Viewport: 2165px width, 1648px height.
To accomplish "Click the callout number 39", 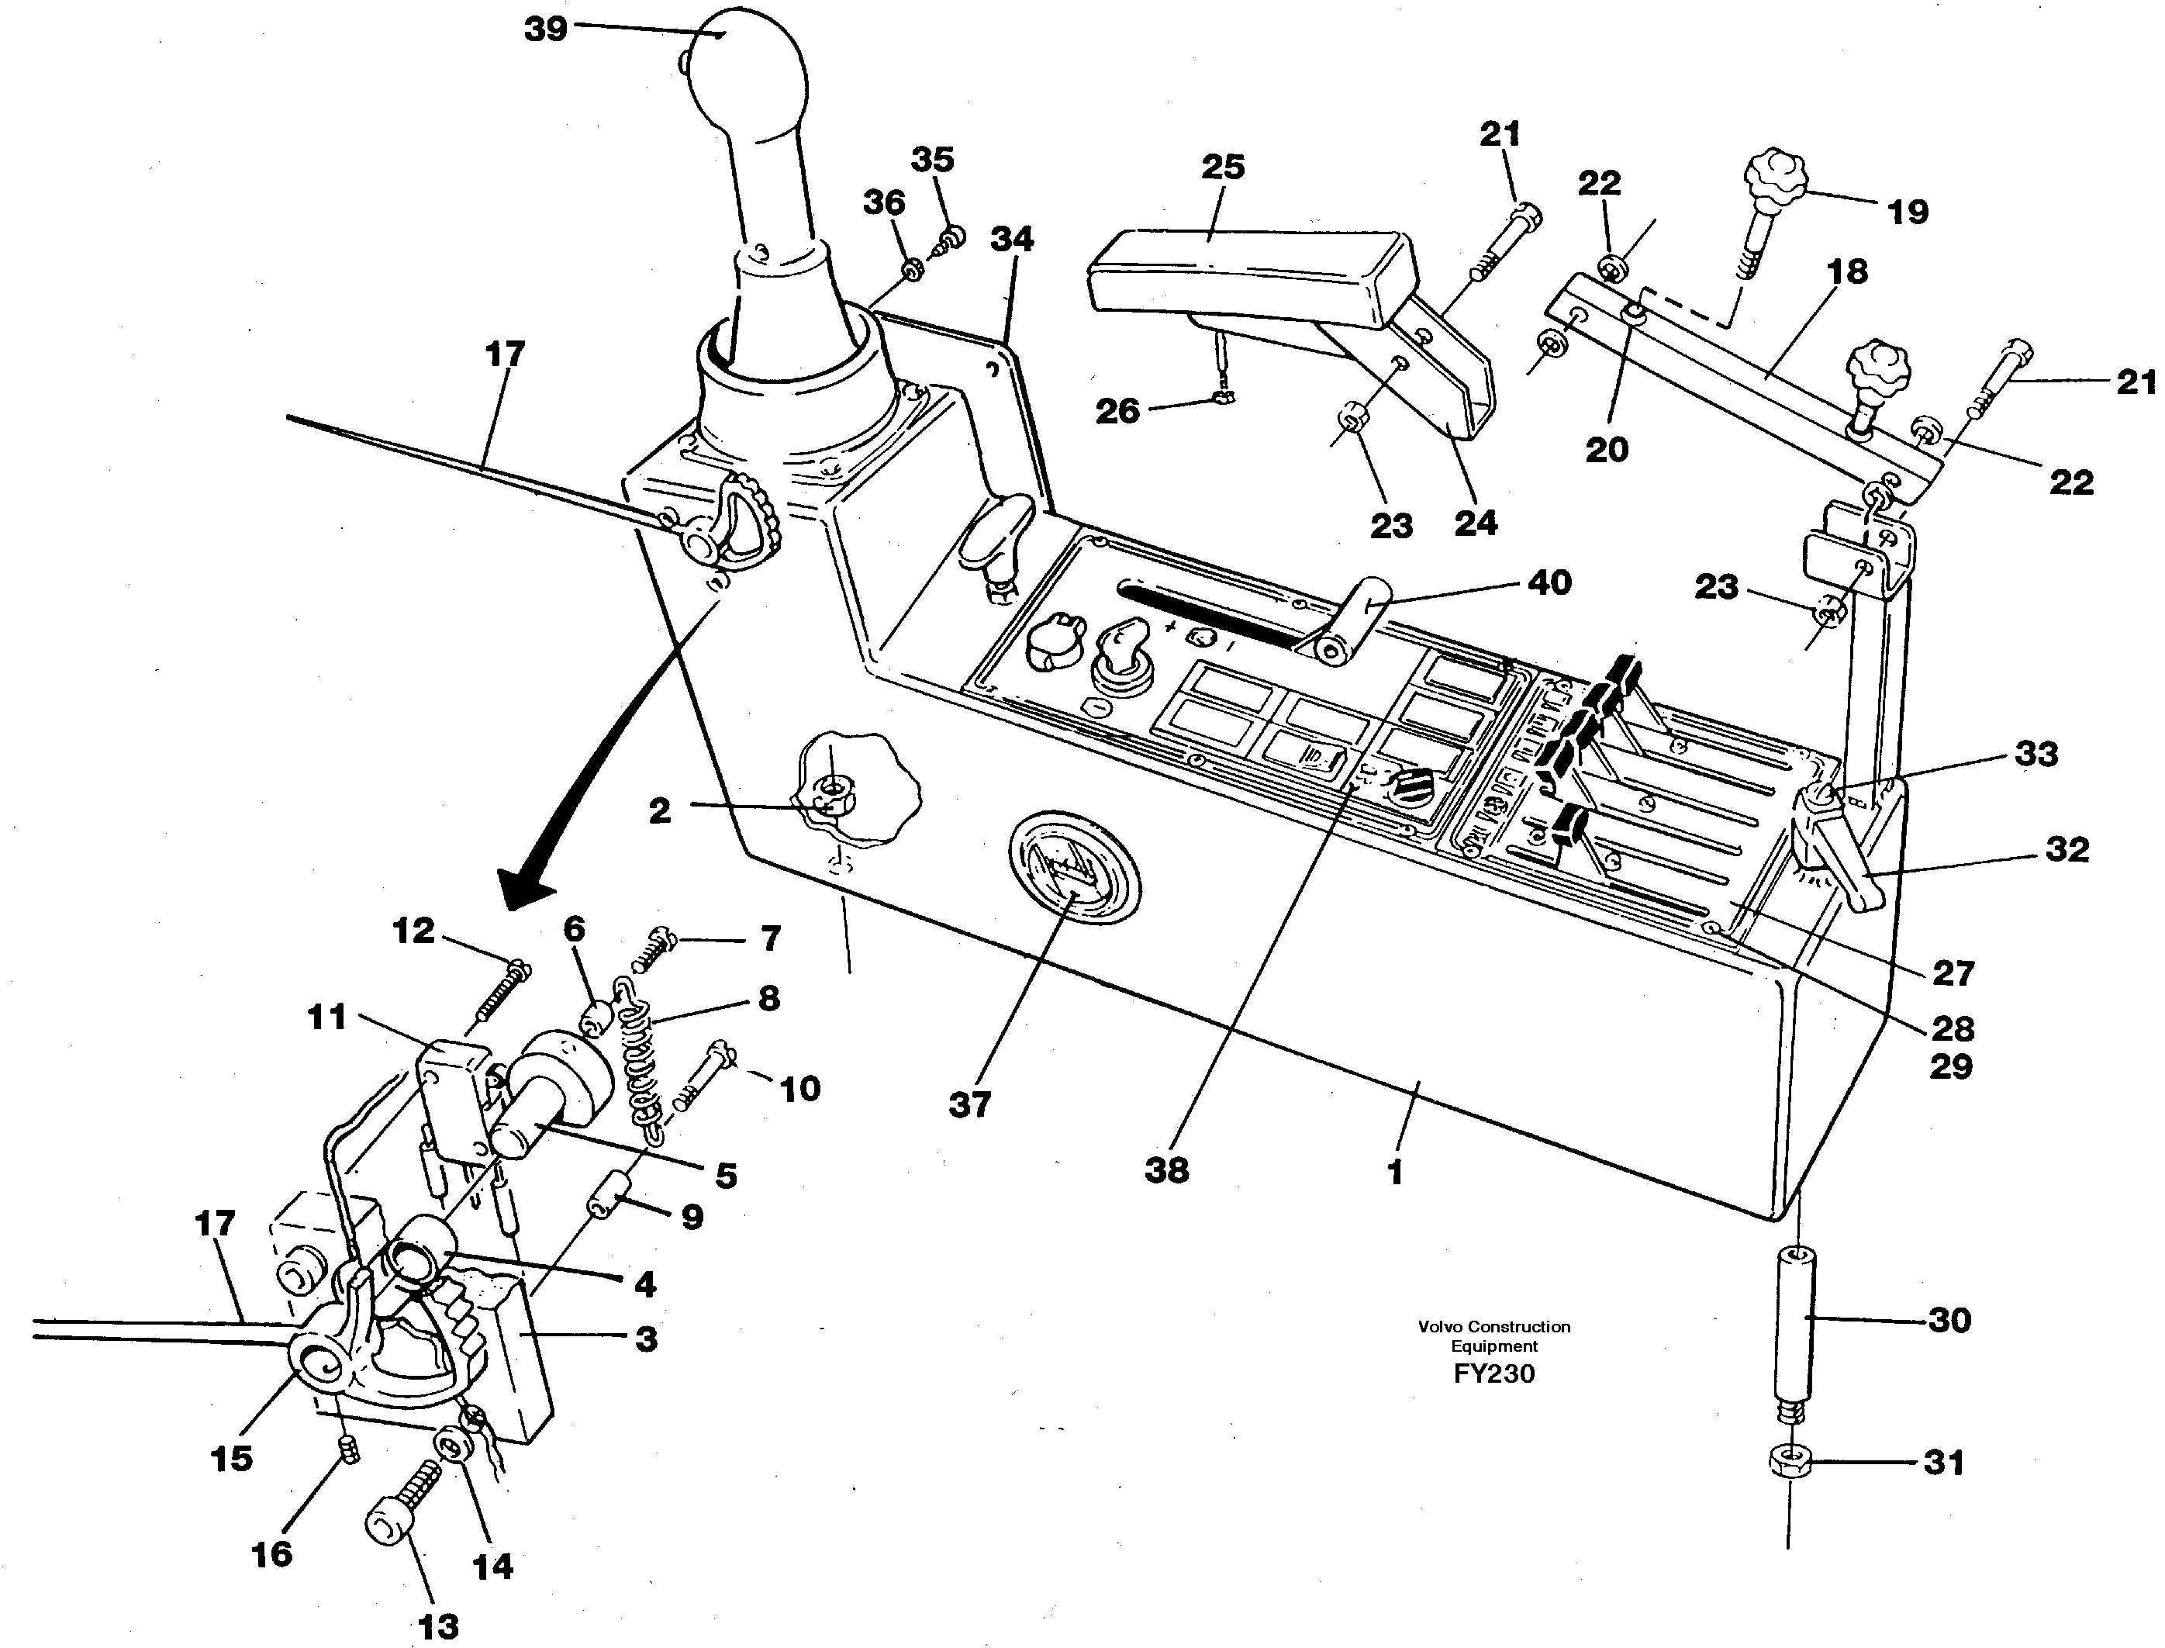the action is point(545,29).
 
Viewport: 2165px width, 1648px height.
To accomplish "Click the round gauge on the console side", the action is point(1073,867).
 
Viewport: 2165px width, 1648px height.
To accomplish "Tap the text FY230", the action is point(1494,1373).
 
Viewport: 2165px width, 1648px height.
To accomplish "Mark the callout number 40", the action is point(1550,582).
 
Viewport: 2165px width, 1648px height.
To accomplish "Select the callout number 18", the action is point(1847,271).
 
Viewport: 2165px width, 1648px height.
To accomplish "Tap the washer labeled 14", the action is point(453,1446).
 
